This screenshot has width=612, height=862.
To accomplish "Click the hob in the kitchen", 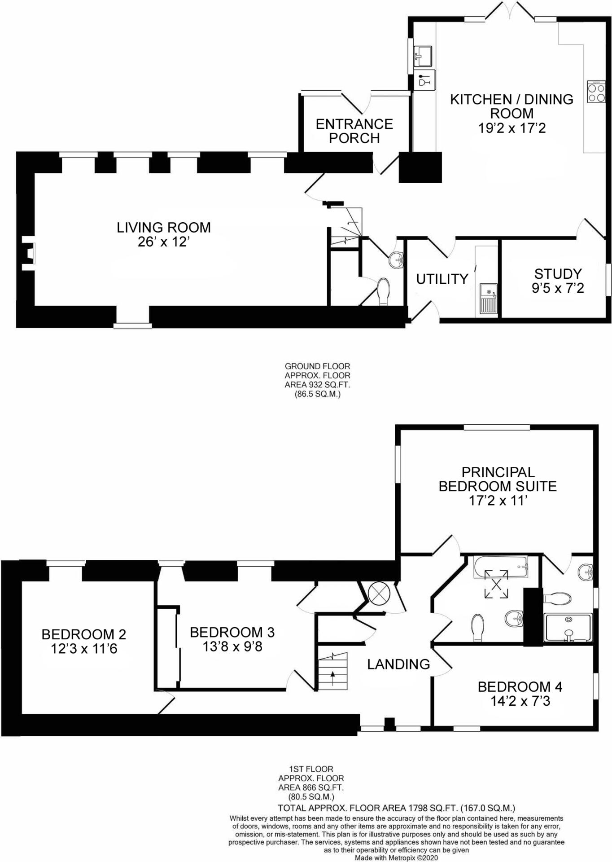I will (596, 92).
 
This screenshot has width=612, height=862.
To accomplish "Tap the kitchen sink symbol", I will (422, 56).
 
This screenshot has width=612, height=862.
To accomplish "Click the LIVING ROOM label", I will (164, 228).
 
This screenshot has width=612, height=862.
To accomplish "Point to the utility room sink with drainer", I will (488, 299).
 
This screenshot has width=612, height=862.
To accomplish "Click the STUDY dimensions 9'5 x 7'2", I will (558, 288).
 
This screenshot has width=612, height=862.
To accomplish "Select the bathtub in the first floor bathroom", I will (500, 567).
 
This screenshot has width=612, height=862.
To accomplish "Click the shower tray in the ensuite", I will (568, 628).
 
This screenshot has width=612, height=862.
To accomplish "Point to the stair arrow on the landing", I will (332, 677).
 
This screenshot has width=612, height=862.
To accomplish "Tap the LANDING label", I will (398, 664).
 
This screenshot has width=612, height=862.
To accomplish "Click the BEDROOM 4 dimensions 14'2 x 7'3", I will (520, 701).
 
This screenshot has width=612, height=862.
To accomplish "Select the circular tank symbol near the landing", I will (379, 593).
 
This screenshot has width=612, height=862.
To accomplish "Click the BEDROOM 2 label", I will (84, 634).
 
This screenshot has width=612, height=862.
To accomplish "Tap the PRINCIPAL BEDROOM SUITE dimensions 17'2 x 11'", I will (498, 501).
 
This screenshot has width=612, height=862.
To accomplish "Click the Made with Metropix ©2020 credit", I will (396, 858).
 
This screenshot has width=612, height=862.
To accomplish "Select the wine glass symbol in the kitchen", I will (423, 80).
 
